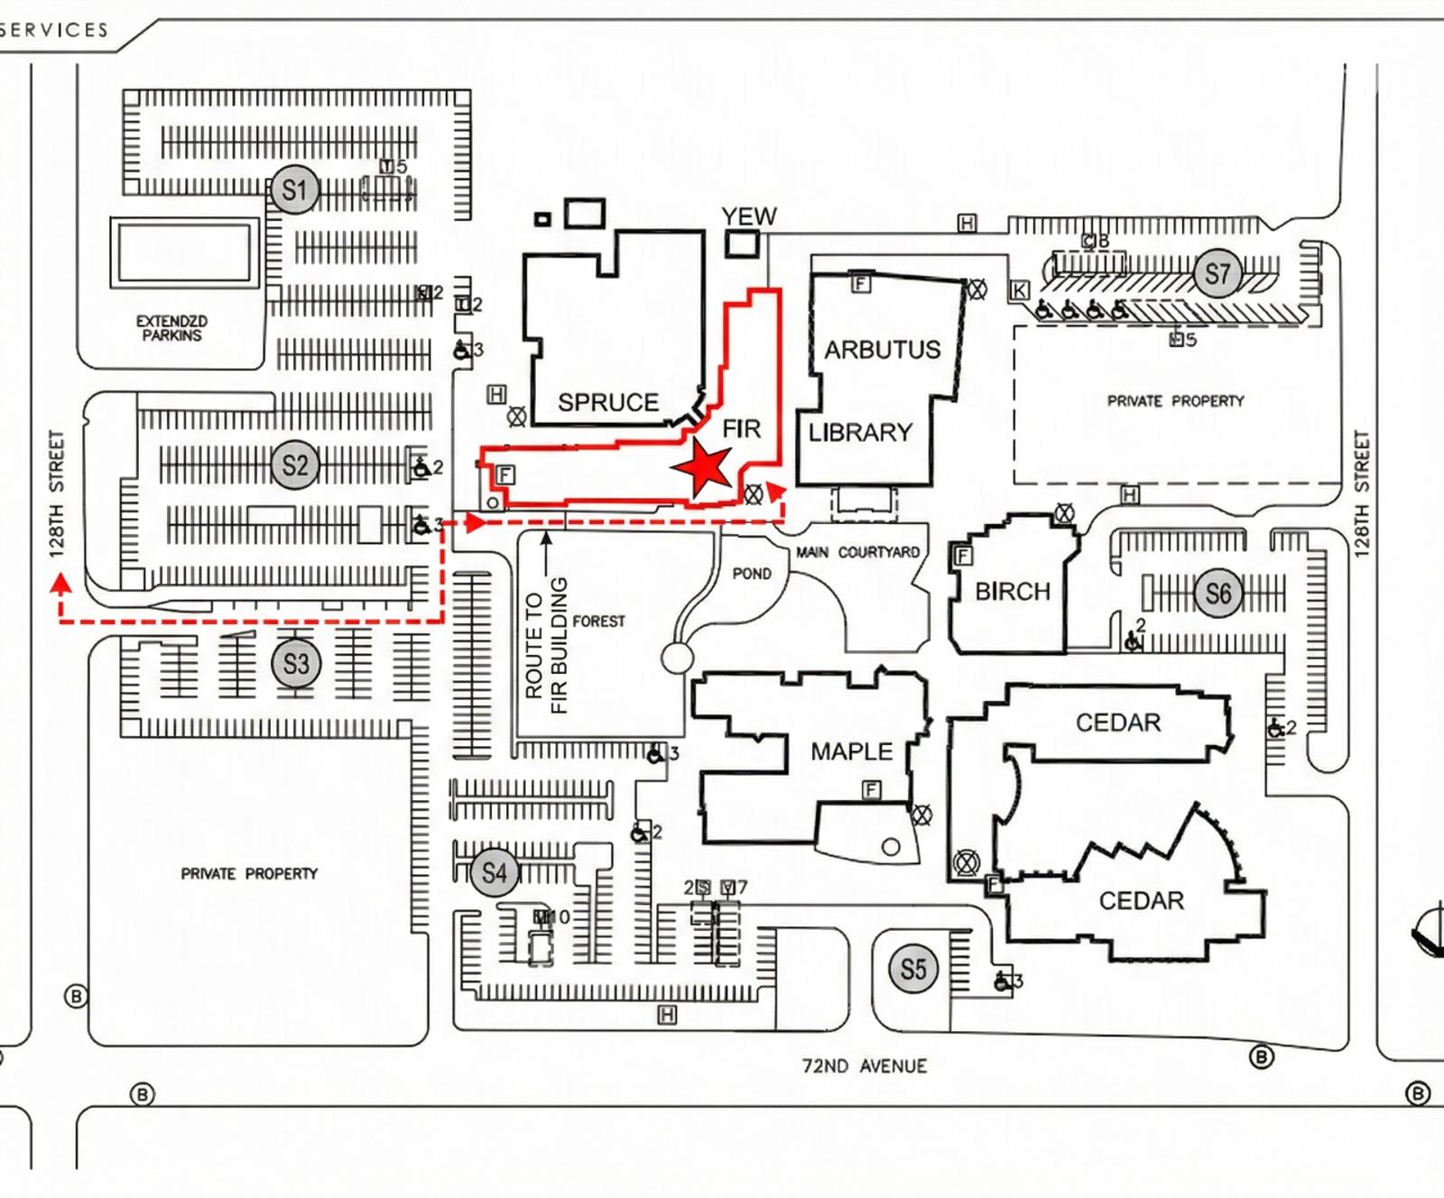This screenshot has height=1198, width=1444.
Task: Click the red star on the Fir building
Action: pos(701,468)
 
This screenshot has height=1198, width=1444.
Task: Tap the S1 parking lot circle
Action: pos(294,189)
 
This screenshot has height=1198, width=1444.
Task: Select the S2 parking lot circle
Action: pos(295,465)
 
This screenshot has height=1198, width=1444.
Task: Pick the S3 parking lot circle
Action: pos(296,664)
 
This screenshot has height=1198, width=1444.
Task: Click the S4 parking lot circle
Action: pos(494,872)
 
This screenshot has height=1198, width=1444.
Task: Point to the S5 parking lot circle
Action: pos(913,969)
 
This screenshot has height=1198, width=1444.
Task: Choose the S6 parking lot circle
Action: pos(1217,593)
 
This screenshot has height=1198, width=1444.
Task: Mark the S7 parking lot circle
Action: pos(1217,272)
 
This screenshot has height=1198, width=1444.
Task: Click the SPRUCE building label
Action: pos(607,401)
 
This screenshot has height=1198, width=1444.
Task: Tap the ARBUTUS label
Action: pos(882,349)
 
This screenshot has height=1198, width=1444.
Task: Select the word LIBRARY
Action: pos(860,432)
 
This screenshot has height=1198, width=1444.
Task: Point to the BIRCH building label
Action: pos(1013,591)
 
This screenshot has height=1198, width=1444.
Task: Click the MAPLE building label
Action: pos(851,751)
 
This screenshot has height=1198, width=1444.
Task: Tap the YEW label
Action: pos(748,217)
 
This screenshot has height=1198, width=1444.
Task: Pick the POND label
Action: pos(752,573)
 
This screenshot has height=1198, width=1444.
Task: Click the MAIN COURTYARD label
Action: pos(857,552)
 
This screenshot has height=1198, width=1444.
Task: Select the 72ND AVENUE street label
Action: pos(864,1065)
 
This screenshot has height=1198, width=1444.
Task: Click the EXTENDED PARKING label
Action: pos(171,327)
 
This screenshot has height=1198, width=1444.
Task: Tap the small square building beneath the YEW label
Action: pos(742,244)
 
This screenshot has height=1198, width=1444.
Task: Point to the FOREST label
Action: pos(598,621)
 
